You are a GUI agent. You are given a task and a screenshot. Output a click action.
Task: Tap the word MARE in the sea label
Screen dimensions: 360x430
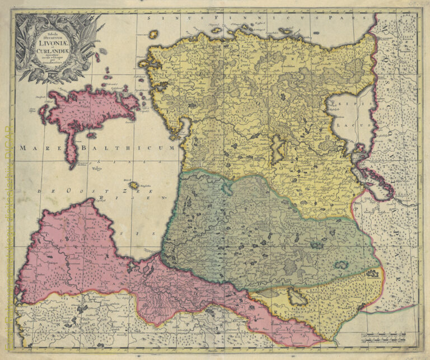tap(33, 148)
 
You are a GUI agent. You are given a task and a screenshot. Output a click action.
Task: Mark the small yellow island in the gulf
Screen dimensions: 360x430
tap(133, 185)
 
